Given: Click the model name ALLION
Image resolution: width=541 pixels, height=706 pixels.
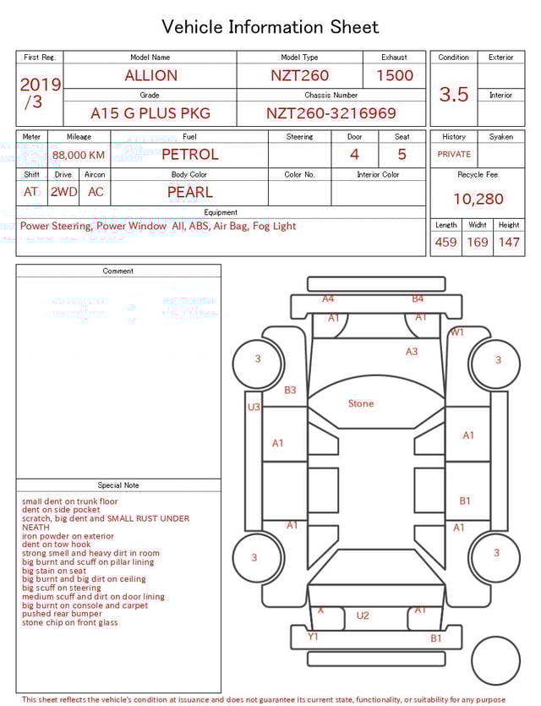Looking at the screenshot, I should (x=150, y=75).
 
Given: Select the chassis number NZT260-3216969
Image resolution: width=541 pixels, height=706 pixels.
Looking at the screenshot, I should (x=331, y=113).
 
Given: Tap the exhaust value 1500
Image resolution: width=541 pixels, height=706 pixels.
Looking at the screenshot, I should (x=395, y=75).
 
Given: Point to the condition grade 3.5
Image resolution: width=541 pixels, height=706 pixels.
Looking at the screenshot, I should (x=454, y=94).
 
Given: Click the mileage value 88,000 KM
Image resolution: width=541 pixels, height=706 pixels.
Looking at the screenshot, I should (x=79, y=155).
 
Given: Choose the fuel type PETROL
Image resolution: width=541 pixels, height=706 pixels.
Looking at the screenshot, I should (x=189, y=154).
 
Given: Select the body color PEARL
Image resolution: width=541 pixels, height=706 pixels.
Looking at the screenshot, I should (x=189, y=192).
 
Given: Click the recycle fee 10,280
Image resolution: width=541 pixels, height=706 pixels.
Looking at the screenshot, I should (x=478, y=199).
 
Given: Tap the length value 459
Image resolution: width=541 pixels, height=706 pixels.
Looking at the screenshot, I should (x=445, y=242).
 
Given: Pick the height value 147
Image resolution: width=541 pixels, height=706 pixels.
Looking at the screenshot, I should (x=509, y=242).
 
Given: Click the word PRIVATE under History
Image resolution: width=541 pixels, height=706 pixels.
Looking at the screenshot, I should (x=454, y=155).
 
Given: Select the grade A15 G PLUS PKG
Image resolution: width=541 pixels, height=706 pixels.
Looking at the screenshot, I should (x=150, y=113).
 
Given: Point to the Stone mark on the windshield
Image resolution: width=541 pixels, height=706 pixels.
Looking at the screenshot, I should (x=361, y=403).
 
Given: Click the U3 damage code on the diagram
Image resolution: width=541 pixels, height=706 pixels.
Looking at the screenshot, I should (x=254, y=408).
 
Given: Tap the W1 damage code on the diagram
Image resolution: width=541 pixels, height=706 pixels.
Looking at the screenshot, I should (x=456, y=332).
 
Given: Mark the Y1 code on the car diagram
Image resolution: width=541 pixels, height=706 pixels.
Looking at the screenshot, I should (x=313, y=637).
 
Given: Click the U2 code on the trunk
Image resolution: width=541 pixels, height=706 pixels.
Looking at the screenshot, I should (x=363, y=616).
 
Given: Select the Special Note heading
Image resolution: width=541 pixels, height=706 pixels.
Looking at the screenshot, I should (x=118, y=485).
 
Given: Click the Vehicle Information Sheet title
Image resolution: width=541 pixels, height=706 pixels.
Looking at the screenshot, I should (x=270, y=27).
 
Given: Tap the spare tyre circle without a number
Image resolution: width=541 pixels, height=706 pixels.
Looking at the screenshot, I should (x=496, y=660).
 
